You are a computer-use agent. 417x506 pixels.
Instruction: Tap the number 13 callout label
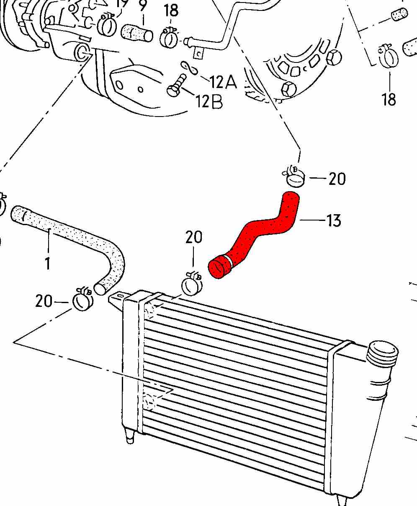point(334,221)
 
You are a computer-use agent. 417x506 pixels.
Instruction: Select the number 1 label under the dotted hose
point(47,263)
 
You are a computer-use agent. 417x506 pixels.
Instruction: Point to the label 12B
point(209,101)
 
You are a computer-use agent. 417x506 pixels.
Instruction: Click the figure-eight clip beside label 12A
point(189,68)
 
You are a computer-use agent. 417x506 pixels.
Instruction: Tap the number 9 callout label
point(143,6)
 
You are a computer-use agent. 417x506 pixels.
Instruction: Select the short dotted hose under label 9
point(137,33)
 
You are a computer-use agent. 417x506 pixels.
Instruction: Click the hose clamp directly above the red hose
point(294,176)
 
